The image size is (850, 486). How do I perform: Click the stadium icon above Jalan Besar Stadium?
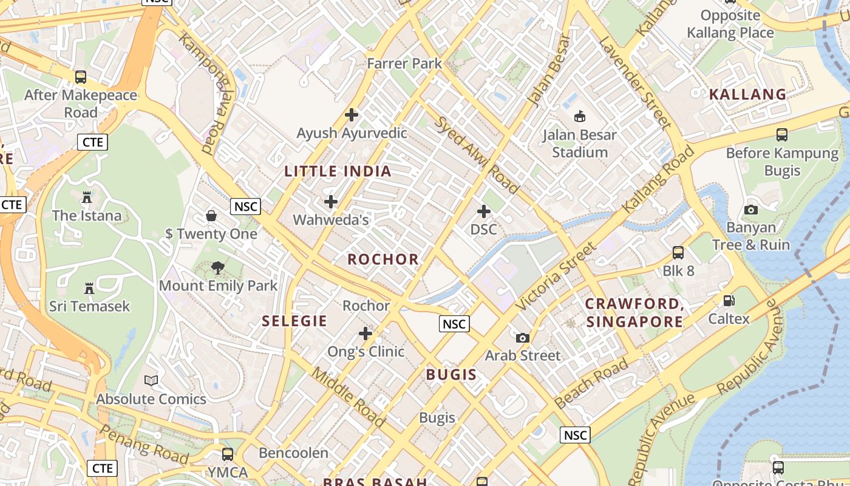pos(580,116)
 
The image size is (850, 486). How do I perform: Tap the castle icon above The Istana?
pos(86,197)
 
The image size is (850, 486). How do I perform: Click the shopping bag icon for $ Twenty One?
pos(211,216)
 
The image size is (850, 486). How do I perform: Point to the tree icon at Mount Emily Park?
pos(217,267)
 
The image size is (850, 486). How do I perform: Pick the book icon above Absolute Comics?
pos(151,381)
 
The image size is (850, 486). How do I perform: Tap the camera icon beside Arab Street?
pos(523,338)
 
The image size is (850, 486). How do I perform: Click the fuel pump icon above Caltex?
pos(729,301)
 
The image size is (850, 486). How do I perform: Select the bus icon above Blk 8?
pos(678,253)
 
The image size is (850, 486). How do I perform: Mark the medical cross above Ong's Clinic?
pos(365,333)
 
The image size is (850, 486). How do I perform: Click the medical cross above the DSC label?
pos(484,211)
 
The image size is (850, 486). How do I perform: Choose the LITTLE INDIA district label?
pos(338,171)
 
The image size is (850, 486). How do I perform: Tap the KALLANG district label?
pos(748,94)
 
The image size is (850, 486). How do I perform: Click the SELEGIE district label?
pos(294,321)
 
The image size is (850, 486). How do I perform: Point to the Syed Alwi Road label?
pos(477,155)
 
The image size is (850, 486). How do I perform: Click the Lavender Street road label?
pos(636,82)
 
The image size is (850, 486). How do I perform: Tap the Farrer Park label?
pos(404,63)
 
